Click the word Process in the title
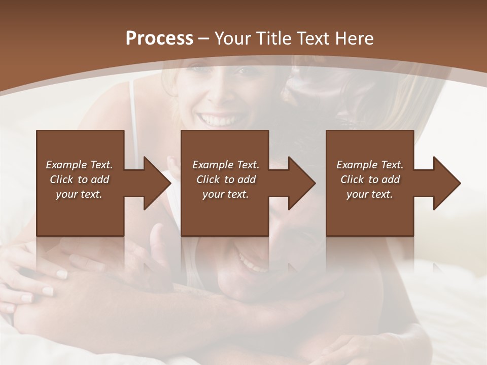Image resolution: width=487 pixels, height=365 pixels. click(x=159, y=38)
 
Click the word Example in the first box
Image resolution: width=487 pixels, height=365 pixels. click(x=65, y=165)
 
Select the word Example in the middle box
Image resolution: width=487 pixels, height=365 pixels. click(x=212, y=165)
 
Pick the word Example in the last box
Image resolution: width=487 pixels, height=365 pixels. click(x=356, y=165)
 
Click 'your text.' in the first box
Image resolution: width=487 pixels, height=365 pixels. click(x=79, y=194)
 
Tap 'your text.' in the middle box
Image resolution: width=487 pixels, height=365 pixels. click(x=226, y=194)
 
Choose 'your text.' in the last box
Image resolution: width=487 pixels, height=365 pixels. click(x=370, y=194)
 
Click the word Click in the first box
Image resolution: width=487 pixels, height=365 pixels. click(x=61, y=179)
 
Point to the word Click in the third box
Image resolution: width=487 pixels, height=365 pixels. click(x=352, y=179)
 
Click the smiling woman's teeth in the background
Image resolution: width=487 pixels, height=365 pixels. click(x=216, y=121)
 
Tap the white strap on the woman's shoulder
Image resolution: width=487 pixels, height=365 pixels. click(x=133, y=117)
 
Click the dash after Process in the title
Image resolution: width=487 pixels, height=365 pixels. click(x=203, y=39)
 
